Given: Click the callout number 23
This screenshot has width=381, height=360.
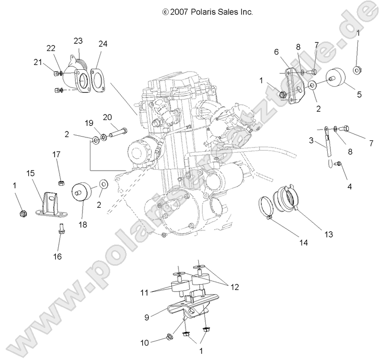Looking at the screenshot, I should pyautogui.click(x=78, y=41).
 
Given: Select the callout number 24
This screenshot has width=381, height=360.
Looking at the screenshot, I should pyautogui.click(x=103, y=44).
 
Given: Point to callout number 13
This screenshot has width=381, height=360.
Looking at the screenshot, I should pyautogui.click(x=315, y=234).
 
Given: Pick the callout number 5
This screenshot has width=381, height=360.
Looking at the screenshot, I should pyautogui.click(x=359, y=94).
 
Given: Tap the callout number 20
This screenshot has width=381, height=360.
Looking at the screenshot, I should pyautogui.click(x=107, y=117).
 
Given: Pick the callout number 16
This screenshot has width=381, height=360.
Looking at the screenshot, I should pyautogui.click(x=59, y=256).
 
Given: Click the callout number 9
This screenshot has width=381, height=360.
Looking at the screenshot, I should pyautogui.click(x=147, y=318).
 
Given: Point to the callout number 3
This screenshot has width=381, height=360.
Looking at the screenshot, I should pyautogui.click(x=311, y=140).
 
